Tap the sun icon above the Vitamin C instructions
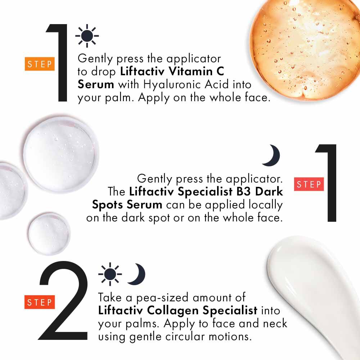pos(87,36)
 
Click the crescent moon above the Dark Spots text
pos(271,156)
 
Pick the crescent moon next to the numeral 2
pos(137,274)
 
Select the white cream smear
pos(317,288)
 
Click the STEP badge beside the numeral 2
pos(40,302)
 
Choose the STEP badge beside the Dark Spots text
pos(309,184)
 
